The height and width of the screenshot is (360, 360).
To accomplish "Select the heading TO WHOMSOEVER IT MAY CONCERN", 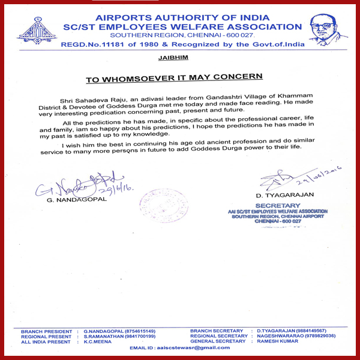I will click(x=173, y=78).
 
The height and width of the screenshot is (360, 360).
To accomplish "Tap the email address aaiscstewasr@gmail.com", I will click(x=181, y=348).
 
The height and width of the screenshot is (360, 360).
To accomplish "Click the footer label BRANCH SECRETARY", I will click(x=217, y=331).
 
